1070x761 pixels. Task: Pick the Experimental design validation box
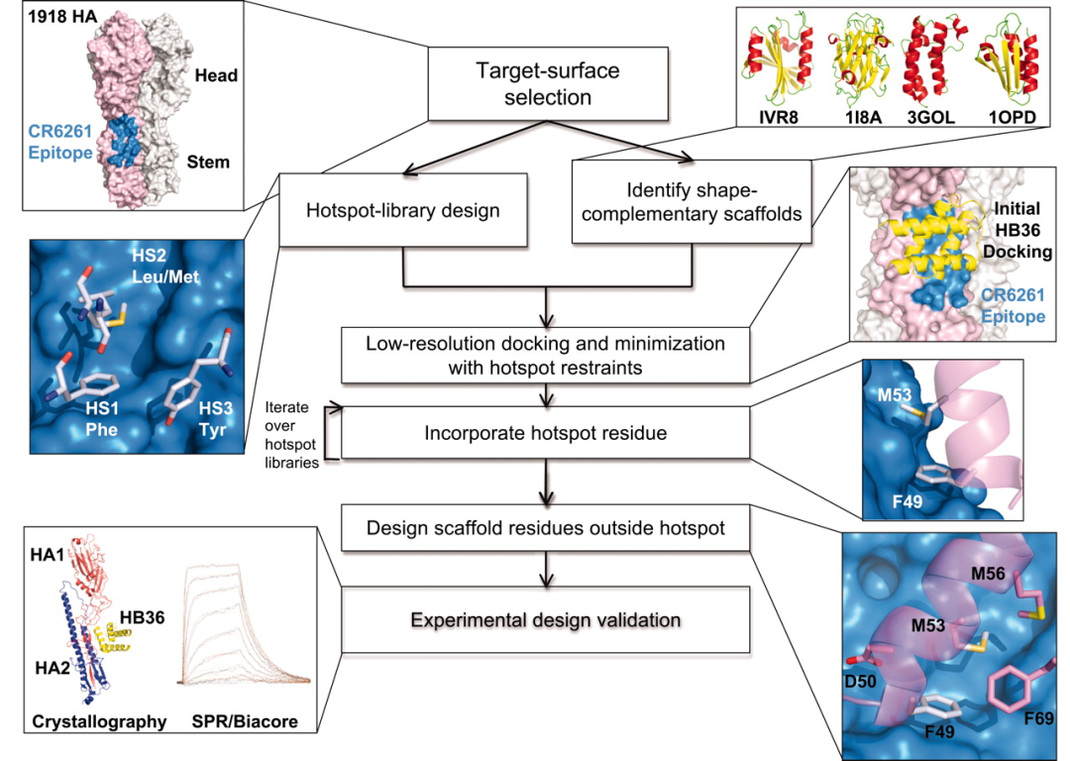tap(546, 620)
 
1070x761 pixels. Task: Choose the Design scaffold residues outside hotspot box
tap(546, 529)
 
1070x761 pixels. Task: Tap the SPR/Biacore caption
tap(241, 721)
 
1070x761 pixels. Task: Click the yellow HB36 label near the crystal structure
tap(142, 613)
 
